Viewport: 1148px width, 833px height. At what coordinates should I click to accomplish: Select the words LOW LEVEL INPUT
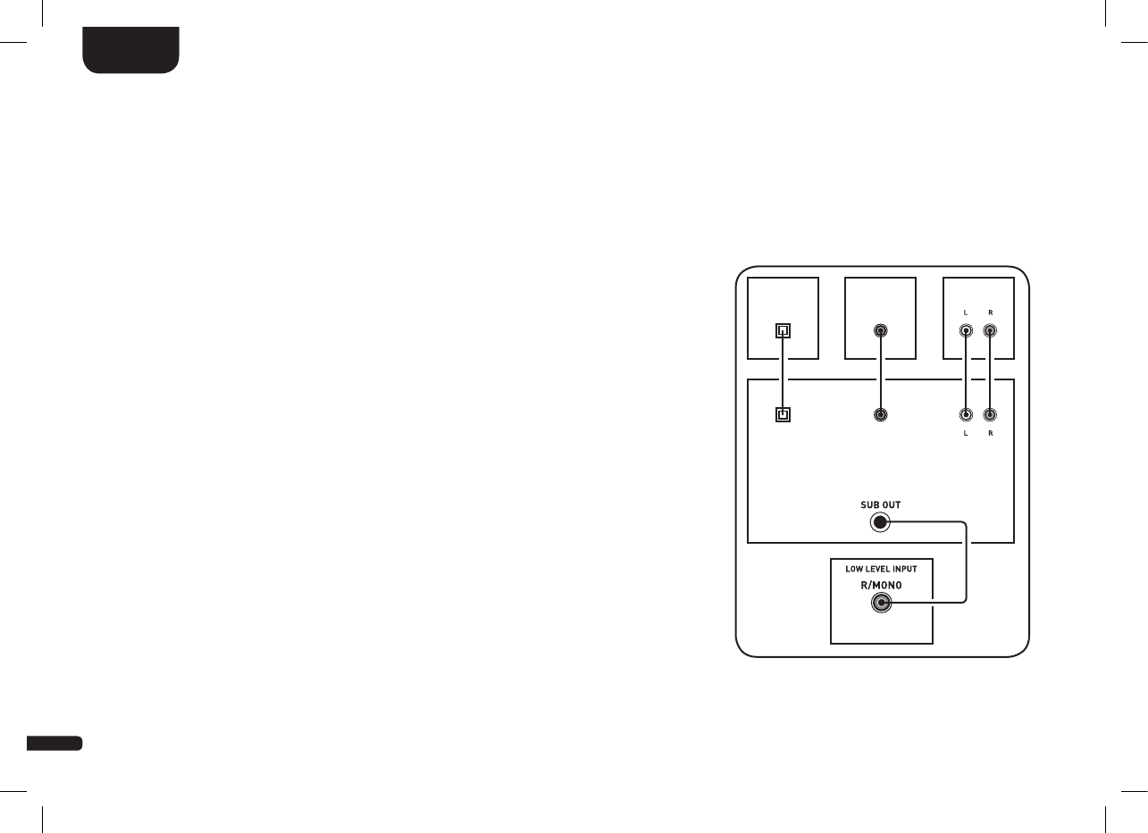(881, 569)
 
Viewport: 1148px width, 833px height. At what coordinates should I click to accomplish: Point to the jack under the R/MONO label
(881, 604)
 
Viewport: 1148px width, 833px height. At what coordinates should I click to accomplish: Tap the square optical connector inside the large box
(783, 414)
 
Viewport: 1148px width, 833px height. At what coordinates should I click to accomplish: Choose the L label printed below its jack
(965, 433)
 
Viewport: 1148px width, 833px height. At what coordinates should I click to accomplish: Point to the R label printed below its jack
(989, 433)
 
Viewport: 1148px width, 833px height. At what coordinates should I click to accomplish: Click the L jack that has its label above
(965, 330)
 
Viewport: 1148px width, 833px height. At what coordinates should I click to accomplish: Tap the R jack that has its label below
(989, 414)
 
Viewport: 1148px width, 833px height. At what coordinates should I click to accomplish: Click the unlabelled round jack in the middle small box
(881, 330)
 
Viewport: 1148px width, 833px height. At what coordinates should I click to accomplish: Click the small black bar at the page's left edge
(54, 743)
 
